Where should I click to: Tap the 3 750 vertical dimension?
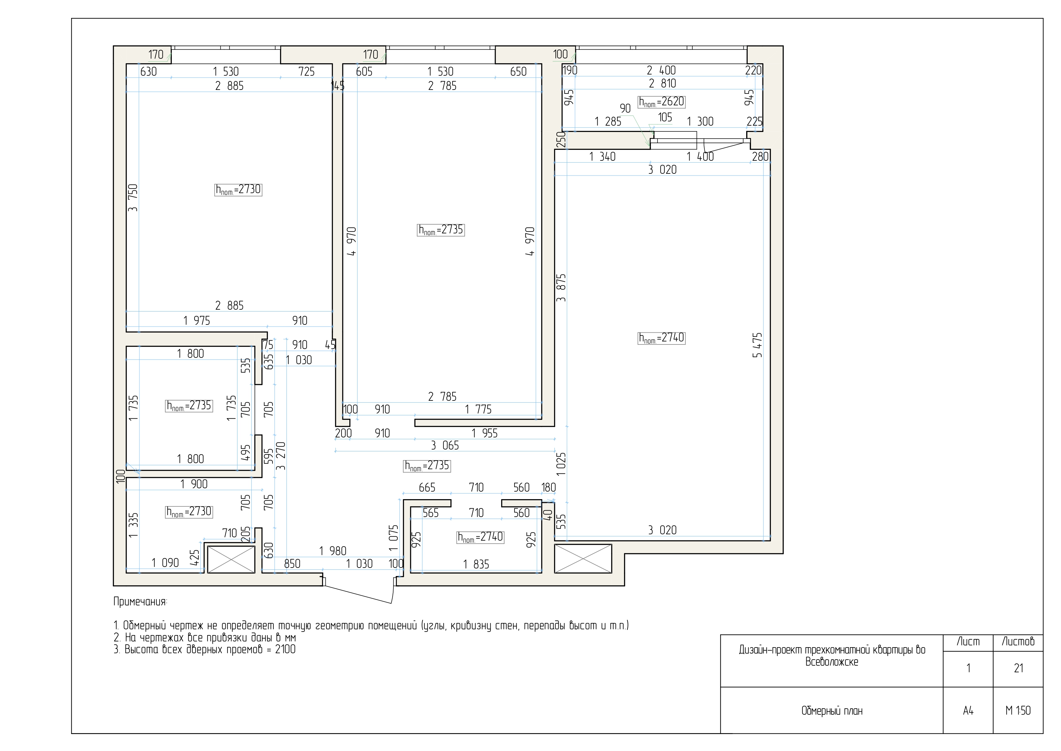point(133,198)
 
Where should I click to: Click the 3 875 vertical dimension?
point(561,288)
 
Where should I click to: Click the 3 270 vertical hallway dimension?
point(280,456)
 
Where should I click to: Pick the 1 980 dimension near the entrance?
point(332,551)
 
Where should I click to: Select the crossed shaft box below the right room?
point(583,558)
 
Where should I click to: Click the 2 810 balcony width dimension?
point(662,84)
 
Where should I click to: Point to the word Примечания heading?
point(140,602)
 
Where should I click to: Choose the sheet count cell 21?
point(1018,668)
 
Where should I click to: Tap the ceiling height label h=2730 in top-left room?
point(238,189)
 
